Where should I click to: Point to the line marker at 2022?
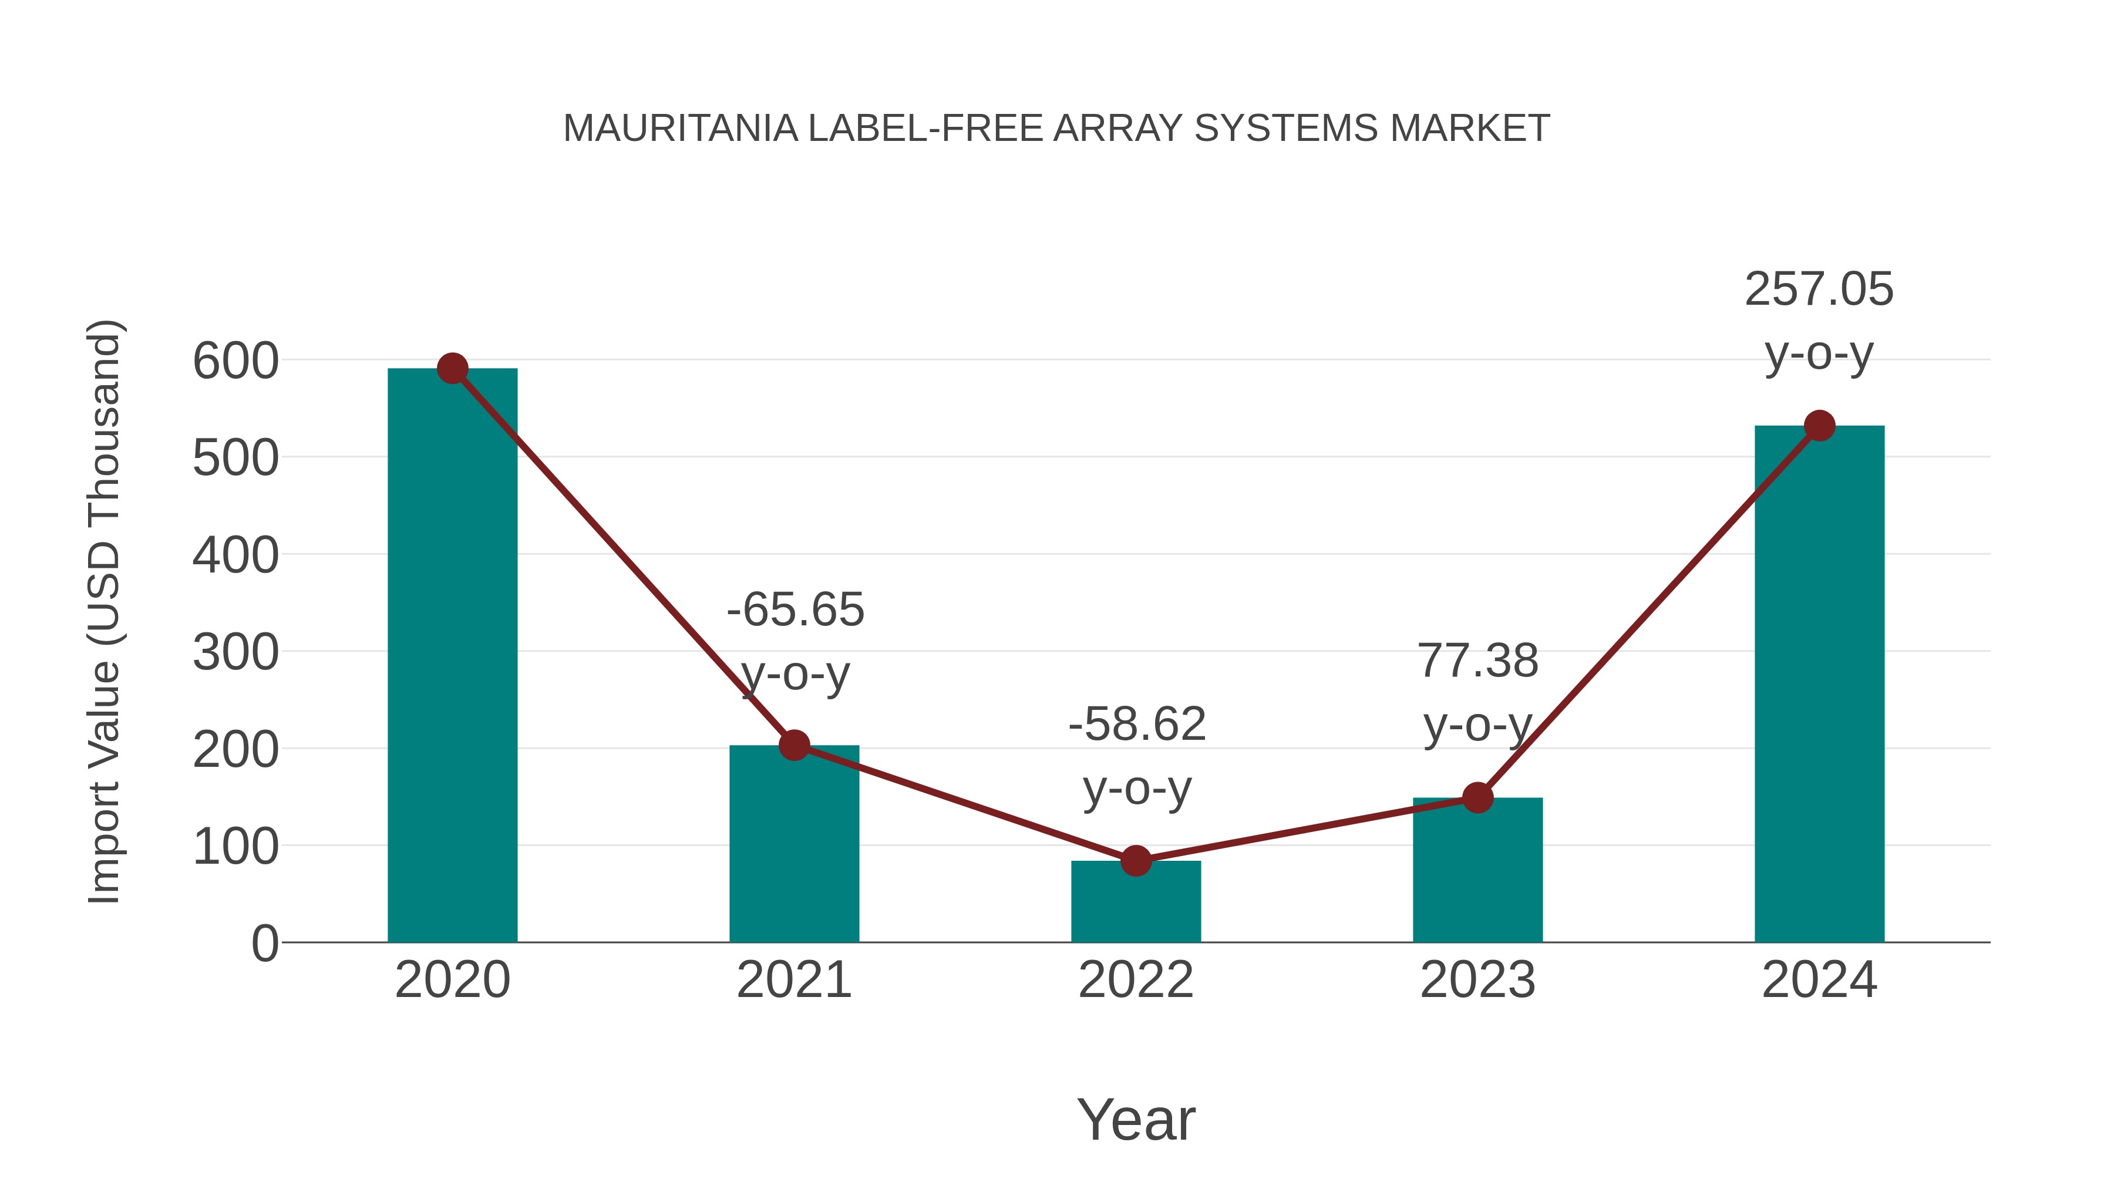coord(1136,861)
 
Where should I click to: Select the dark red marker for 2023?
coord(1477,797)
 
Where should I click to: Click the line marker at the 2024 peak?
coord(1819,426)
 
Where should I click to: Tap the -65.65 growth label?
coord(795,609)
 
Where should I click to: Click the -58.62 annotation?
coord(1137,724)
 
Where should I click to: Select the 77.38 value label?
coord(1477,661)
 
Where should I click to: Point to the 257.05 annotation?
coord(1819,289)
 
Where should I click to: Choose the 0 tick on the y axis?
coord(264,944)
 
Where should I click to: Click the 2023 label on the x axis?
coord(1477,980)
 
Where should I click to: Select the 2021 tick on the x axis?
coord(793,980)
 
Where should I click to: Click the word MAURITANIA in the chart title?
coord(679,129)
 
